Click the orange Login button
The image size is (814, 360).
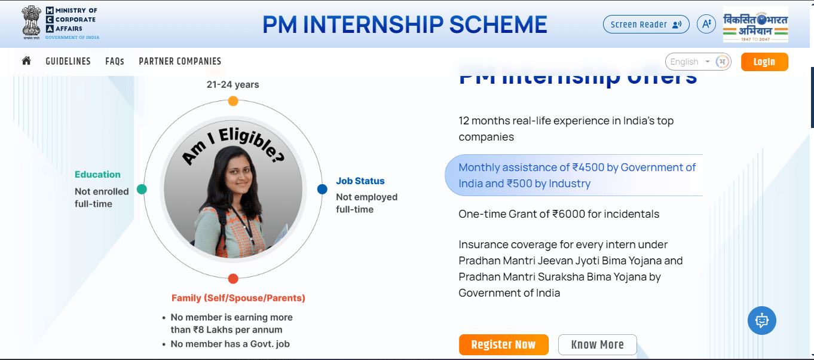[764, 62]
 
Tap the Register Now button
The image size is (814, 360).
[503, 344]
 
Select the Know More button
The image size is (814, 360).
[597, 344]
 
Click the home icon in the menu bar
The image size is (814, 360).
[26, 61]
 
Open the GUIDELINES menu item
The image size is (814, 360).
[68, 62]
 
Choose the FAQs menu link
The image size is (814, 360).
[115, 62]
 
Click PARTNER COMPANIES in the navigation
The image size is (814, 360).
[180, 62]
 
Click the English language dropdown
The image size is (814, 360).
[690, 62]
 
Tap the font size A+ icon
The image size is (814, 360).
[706, 25]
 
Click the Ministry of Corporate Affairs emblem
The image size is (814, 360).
[32, 23]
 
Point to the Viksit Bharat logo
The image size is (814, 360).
[755, 25]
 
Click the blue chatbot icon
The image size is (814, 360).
[762, 321]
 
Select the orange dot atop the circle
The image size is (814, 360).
[233, 101]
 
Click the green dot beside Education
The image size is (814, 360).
[142, 189]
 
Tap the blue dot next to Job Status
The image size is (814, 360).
[322, 189]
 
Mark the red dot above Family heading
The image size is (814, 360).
[233, 279]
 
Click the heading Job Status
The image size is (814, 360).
[360, 181]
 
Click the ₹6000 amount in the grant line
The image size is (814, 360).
[568, 213]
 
